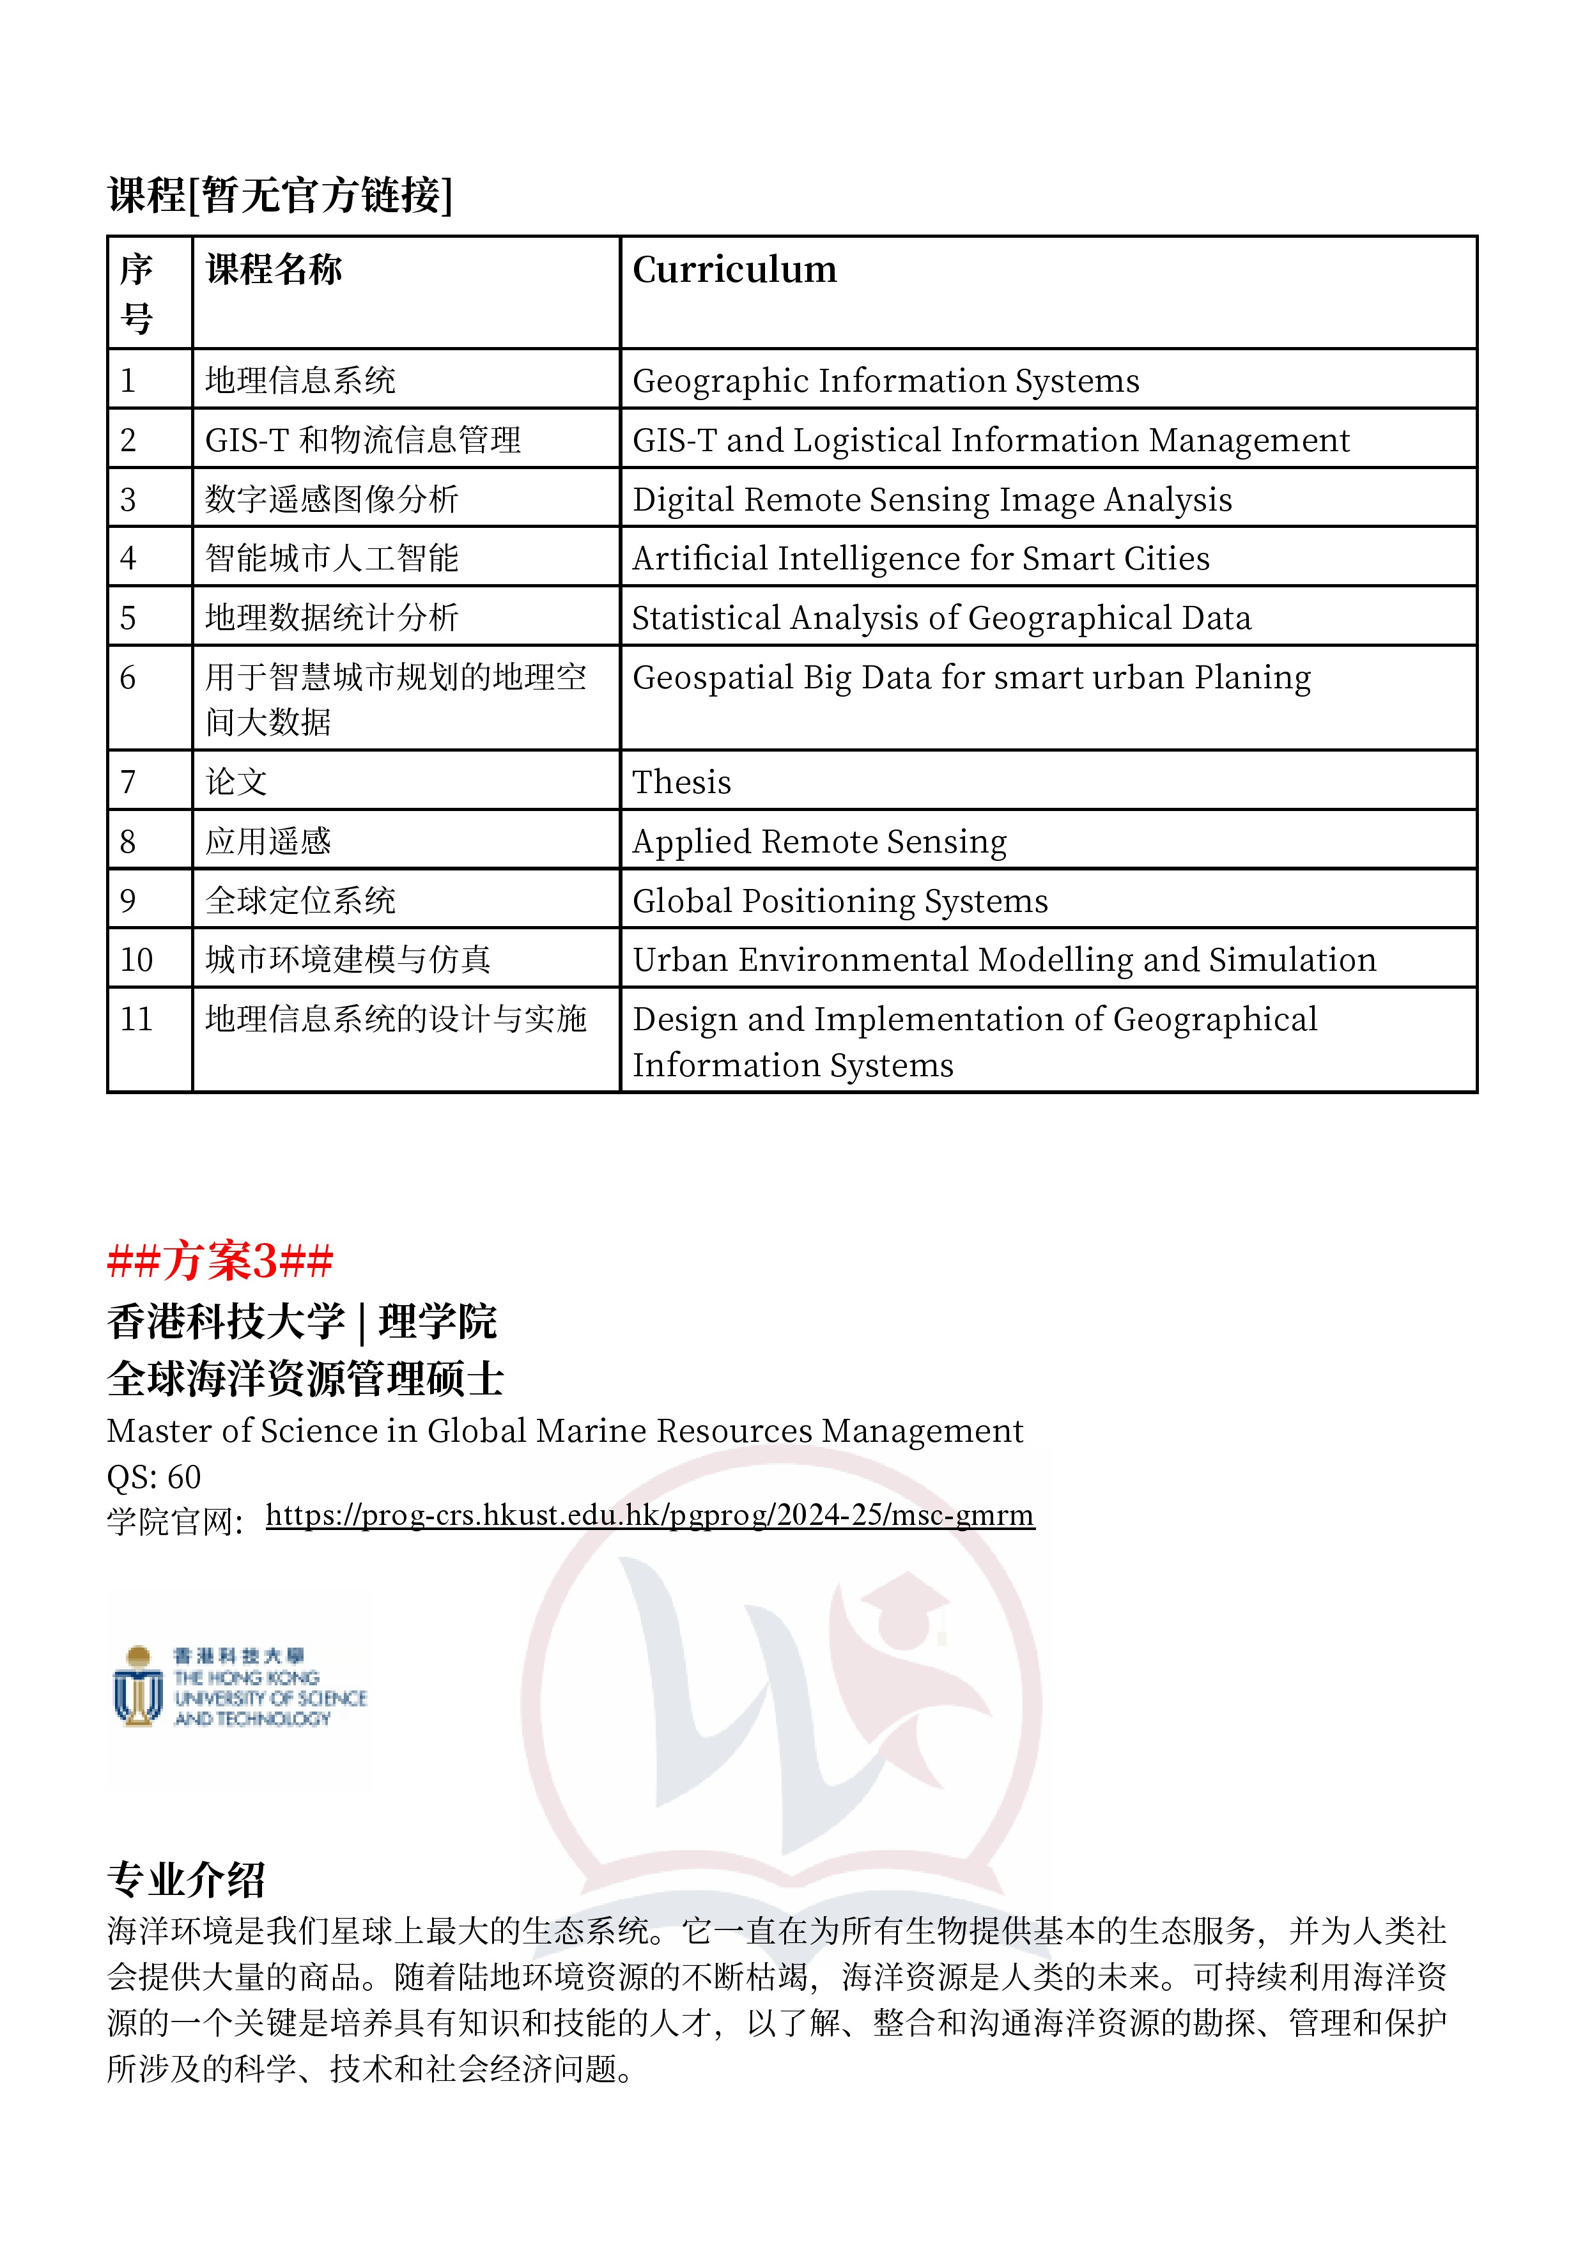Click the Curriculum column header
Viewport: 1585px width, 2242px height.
[734, 270]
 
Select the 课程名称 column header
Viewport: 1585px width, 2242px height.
[274, 270]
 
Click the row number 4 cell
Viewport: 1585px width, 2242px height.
[128, 559]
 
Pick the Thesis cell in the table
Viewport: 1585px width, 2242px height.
[682, 782]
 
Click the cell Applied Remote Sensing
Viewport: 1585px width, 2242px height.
[819, 842]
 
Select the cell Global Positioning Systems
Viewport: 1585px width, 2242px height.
[840, 901]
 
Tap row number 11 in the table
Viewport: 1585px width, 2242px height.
[137, 1019]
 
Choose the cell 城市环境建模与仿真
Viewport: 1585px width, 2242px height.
[348, 960]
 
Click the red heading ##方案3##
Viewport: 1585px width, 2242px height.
[220, 1260]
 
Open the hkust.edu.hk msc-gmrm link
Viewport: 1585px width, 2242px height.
[649, 1515]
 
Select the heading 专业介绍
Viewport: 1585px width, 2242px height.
[185, 1879]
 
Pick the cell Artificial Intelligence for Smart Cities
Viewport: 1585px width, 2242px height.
[921, 559]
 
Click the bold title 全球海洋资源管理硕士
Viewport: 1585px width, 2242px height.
[305, 1379]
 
